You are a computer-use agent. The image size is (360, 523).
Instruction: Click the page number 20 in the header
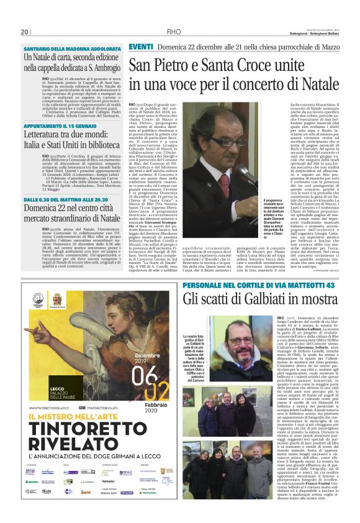pyautogui.click(x=24, y=33)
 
